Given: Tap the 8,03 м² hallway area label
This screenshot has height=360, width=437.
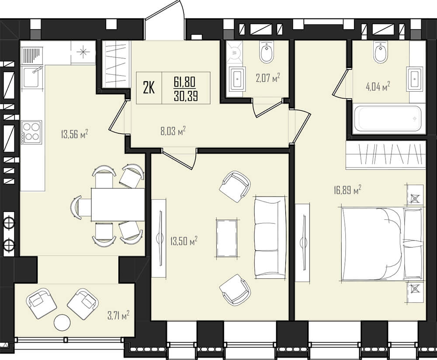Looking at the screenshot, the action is click(173, 131).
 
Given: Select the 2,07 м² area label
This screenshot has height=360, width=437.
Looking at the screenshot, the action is click(268, 78).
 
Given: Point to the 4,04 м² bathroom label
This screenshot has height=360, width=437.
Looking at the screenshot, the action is click(378, 87).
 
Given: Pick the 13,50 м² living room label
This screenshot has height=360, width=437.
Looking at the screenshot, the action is click(184, 241).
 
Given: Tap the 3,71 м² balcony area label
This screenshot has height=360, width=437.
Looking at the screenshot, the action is click(118, 316).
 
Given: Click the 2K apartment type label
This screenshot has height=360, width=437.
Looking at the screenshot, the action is click(149, 88).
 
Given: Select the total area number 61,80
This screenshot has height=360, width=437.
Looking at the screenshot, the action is click(185, 82).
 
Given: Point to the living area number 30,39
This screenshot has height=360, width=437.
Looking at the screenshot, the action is click(186, 96).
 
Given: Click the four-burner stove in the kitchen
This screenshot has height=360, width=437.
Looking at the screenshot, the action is click(31, 132).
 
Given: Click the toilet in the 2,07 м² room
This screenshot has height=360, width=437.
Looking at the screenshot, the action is click(267, 52).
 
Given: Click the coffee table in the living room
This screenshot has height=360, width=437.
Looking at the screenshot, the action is click(227, 238).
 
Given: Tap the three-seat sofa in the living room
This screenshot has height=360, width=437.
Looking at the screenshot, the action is click(270, 237).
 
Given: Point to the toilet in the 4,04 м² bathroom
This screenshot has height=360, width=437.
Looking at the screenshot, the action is click(381, 52).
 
